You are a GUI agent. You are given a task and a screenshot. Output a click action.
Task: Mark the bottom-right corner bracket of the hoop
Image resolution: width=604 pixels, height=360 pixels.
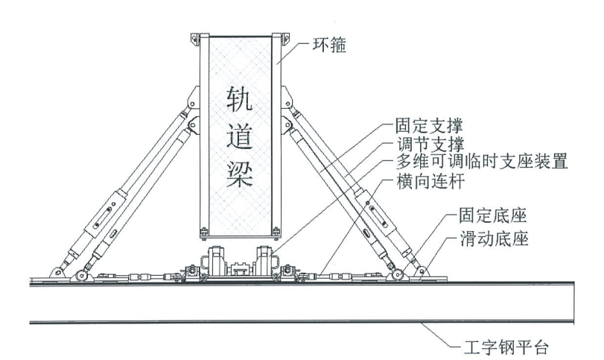click(x=280, y=232)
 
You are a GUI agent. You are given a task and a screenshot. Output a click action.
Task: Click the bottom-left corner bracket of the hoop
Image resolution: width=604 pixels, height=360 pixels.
click(x=202, y=232)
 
